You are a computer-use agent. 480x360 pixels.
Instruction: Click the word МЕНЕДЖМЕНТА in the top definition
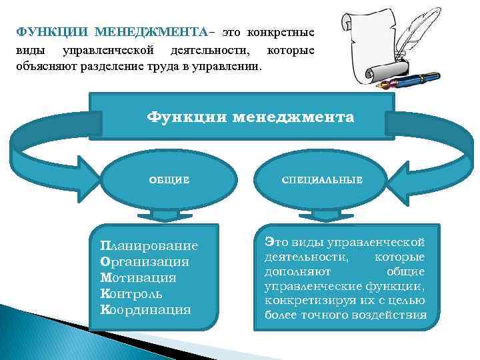tap(152, 32)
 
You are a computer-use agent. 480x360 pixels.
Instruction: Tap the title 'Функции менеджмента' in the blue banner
tap(251, 117)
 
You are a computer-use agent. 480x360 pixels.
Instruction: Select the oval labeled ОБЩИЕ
tap(169, 179)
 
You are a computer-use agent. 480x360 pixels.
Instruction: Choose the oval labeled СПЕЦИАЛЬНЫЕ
tap(322, 179)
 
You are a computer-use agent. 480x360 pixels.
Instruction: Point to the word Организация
tap(144, 262)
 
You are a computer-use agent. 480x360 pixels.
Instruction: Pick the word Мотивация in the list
tap(138, 277)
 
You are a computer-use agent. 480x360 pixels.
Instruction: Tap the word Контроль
tap(132, 293)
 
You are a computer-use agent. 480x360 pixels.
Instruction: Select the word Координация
tap(145, 309)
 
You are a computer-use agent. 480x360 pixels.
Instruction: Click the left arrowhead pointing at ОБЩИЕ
tap(86, 176)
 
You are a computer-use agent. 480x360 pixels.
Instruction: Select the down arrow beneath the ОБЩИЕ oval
tap(169, 215)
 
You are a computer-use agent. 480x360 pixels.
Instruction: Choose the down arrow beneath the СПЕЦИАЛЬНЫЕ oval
tap(322, 215)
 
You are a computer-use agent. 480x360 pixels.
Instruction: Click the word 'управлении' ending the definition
tap(233, 67)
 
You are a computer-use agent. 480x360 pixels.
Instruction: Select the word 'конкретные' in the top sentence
tap(281, 32)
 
